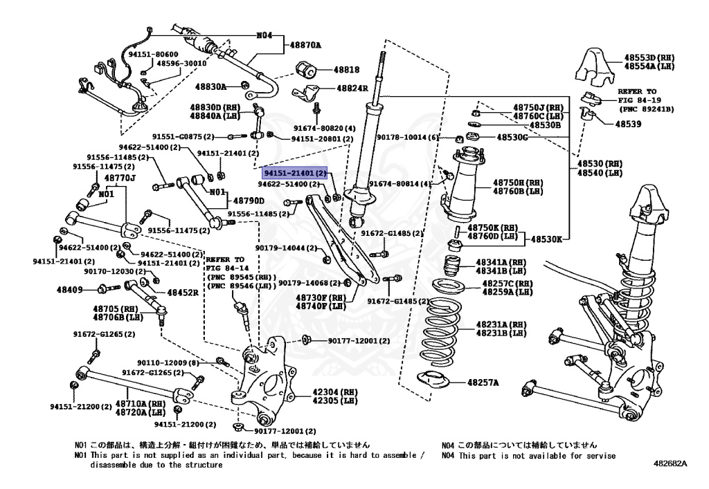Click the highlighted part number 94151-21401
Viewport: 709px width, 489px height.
pyautogui.click(x=294, y=173)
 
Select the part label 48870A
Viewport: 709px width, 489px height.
pyautogui.click(x=305, y=45)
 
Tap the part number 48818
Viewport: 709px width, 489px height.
pyautogui.click(x=346, y=70)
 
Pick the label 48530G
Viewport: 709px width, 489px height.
pyautogui.click(x=512, y=137)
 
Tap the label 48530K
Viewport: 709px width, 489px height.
pyautogui.click(x=547, y=239)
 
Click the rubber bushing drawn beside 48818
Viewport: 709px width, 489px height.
pyautogui.click(x=305, y=70)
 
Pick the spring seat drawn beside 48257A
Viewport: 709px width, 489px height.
pyautogui.click(x=433, y=380)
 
